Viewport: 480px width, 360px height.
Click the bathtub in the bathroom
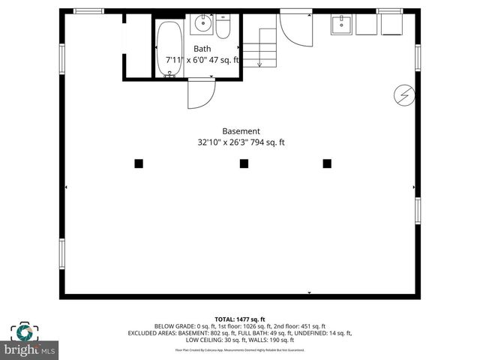[x=169, y=48]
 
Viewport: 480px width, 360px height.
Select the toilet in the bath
[x=223, y=27]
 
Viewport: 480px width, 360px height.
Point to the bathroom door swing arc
[x=201, y=94]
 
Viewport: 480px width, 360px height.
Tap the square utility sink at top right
[x=342, y=25]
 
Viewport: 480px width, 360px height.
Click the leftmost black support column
[x=139, y=163]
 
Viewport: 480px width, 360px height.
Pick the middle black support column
[x=244, y=163]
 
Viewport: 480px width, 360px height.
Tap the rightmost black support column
[x=327, y=163]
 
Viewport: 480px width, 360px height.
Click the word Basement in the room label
[x=241, y=130]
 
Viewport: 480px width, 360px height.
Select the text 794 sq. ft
[x=267, y=142]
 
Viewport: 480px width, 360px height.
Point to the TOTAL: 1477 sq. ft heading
[x=240, y=319]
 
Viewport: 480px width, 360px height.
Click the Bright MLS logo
[x=30, y=341]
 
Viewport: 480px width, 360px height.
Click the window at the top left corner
[x=88, y=10]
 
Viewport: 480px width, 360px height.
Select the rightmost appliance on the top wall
[x=391, y=24]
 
